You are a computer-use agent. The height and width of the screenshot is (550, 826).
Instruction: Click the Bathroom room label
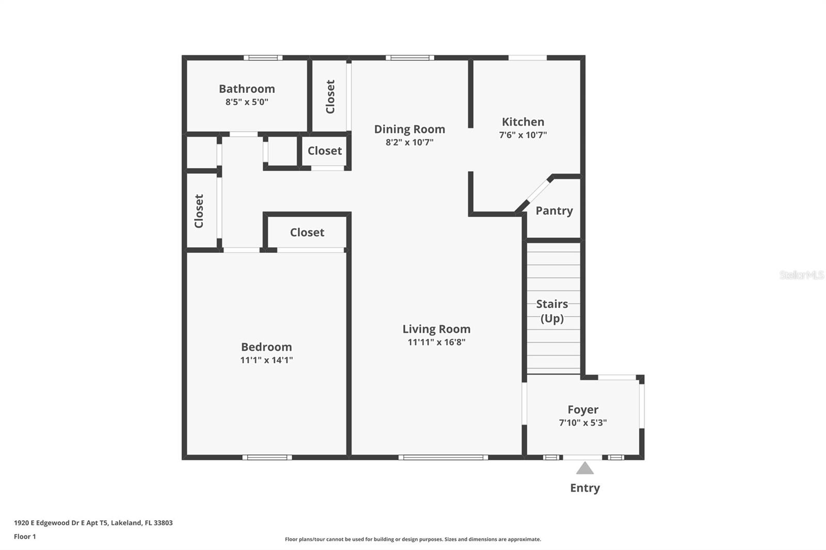(247, 89)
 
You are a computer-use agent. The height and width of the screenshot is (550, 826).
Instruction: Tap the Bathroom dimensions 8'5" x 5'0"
(247, 102)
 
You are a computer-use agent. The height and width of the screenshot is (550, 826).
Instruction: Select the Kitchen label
(523, 122)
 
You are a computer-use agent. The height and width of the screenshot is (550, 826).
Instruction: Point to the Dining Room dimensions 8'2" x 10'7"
(409, 142)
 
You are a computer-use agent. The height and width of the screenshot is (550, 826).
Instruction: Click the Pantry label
(554, 211)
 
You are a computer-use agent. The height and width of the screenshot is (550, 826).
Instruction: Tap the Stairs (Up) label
(552, 311)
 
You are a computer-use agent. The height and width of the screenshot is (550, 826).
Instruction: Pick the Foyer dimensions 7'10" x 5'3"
(583, 423)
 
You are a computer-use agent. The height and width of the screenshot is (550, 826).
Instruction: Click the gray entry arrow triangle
(585, 468)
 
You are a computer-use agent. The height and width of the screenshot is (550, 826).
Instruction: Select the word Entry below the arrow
(585, 488)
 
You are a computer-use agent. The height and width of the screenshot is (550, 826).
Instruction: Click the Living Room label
(436, 329)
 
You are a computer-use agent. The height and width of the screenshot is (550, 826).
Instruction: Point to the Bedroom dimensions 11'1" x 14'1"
(266, 360)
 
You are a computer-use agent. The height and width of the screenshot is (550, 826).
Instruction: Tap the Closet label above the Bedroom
(307, 232)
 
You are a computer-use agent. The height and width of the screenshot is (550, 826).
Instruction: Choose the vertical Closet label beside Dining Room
(330, 96)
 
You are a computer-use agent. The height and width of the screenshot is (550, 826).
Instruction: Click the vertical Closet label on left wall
(199, 211)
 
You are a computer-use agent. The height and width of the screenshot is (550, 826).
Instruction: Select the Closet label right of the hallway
(325, 151)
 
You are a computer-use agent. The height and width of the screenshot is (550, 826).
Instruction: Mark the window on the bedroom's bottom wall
(267, 457)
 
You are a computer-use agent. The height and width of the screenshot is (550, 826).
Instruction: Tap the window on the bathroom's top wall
(263, 58)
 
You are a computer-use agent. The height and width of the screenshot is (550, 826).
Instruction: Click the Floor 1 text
(25, 537)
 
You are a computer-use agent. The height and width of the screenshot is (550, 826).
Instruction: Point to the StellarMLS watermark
(801, 275)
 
